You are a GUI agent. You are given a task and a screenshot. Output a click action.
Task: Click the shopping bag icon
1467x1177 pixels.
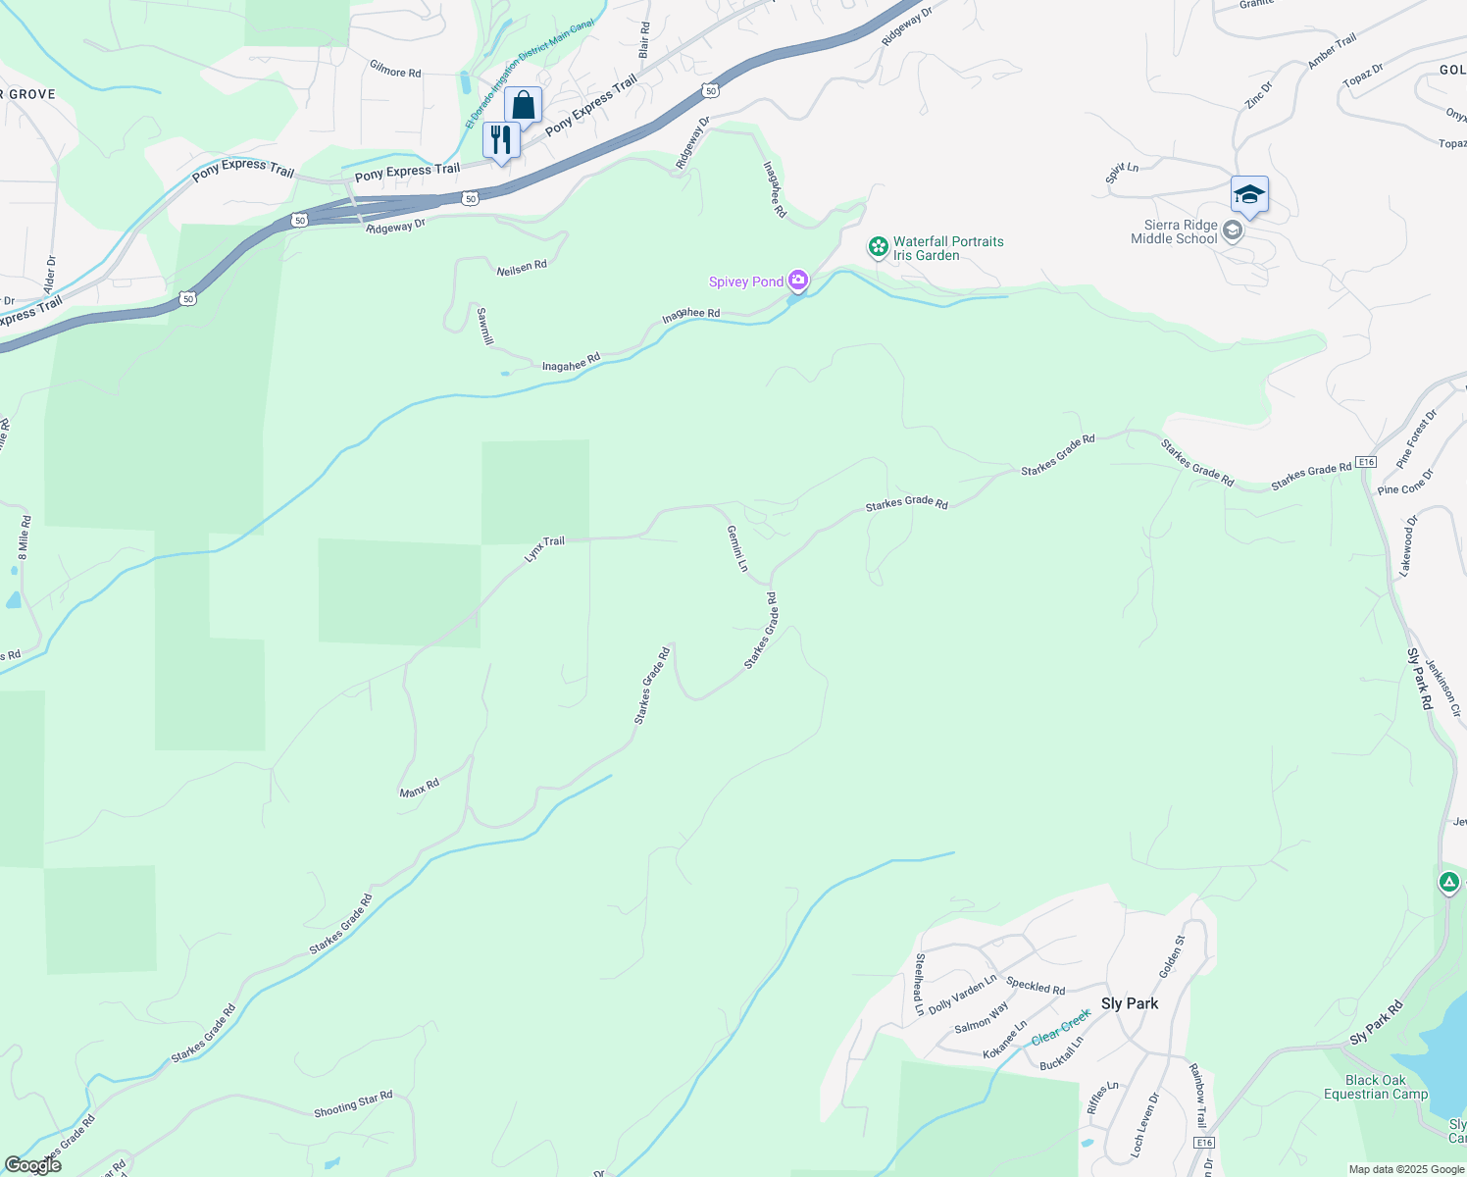click(523, 105)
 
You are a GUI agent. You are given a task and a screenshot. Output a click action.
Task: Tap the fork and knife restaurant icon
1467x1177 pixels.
click(501, 139)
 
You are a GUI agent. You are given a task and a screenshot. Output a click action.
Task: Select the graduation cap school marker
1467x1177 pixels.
click(1249, 194)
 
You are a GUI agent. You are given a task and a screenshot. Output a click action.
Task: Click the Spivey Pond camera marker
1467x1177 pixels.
click(798, 281)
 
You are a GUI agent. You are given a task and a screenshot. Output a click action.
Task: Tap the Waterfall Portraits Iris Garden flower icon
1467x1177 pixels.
click(879, 247)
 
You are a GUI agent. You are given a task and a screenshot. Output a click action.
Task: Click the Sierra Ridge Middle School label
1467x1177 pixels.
click(1174, 231)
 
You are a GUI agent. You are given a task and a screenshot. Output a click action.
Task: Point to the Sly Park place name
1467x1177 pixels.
click(1130, 1003)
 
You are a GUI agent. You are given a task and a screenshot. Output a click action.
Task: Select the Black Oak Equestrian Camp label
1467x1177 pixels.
click(1376, 1087)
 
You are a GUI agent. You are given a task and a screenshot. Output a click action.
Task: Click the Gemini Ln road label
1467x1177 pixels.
click(737, 548)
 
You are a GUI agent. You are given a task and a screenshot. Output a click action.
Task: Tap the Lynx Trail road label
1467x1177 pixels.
click(544, 548)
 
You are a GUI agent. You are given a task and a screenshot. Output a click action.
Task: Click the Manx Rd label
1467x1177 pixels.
click(420, 788)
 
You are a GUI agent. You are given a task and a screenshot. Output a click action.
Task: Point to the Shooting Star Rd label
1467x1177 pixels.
click(353, 1104)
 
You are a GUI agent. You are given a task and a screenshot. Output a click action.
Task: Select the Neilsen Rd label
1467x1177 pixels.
click(522, 267)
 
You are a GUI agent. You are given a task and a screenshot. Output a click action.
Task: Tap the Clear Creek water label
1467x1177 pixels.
click(1060, 1026)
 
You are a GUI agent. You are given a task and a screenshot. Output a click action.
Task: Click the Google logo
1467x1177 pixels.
click(31, 1165)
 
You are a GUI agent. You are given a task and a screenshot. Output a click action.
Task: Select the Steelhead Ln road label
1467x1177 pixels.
click(920, 984)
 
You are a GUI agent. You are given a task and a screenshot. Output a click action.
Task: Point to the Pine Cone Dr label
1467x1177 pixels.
click(1405, 482)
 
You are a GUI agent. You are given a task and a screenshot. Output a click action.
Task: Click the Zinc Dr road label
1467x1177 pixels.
click(1258, 94)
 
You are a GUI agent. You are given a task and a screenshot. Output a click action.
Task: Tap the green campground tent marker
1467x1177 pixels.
click(1449, 882)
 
